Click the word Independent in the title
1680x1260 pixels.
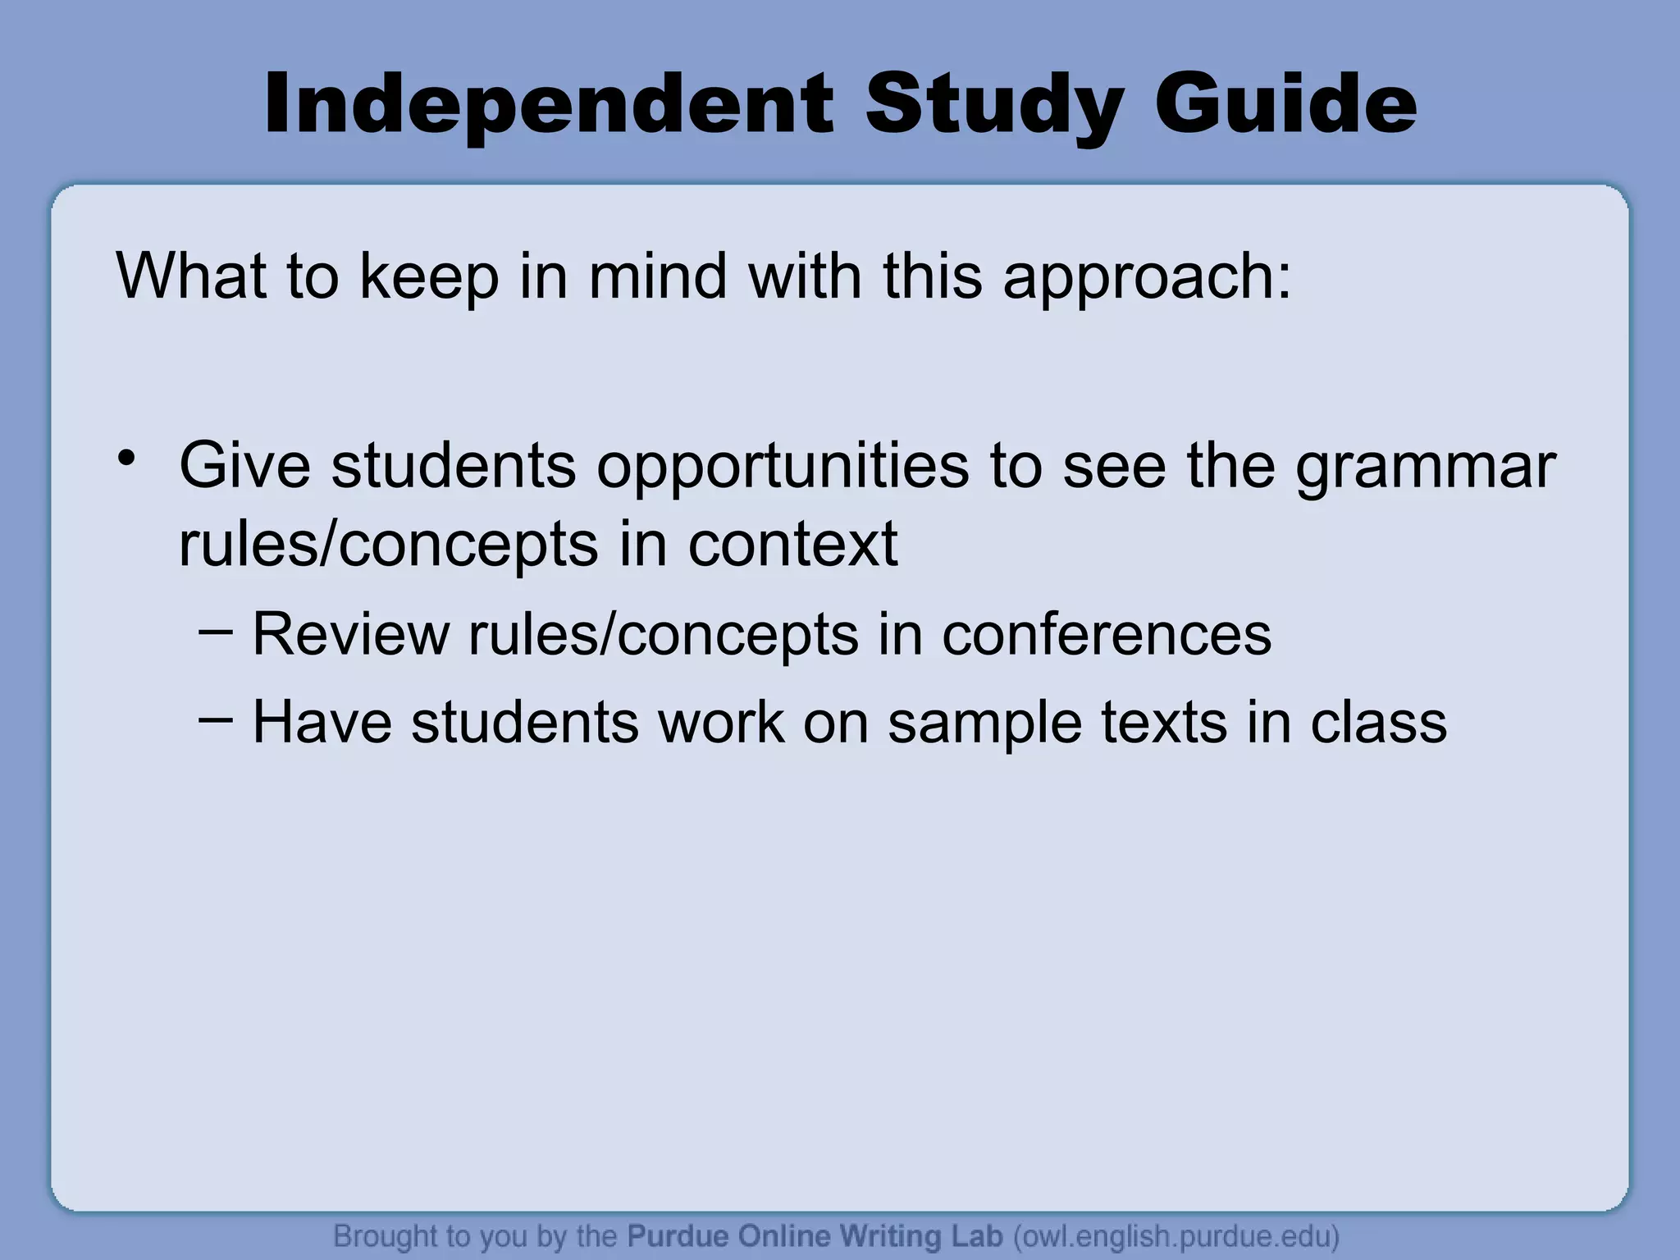[548, 104]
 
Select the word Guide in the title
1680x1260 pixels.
[1285, 104]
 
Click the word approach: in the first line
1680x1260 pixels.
[1147, 277]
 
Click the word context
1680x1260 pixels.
[792, 544]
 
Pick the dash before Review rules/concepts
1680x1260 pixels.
[216, 629]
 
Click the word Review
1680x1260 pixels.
[350, 634]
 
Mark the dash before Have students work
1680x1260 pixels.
[216, 718]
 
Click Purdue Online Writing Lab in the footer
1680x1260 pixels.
[815, 1236]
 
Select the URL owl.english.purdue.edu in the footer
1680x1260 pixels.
[1176, 1236]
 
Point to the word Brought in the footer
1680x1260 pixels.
[385, 1236]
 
